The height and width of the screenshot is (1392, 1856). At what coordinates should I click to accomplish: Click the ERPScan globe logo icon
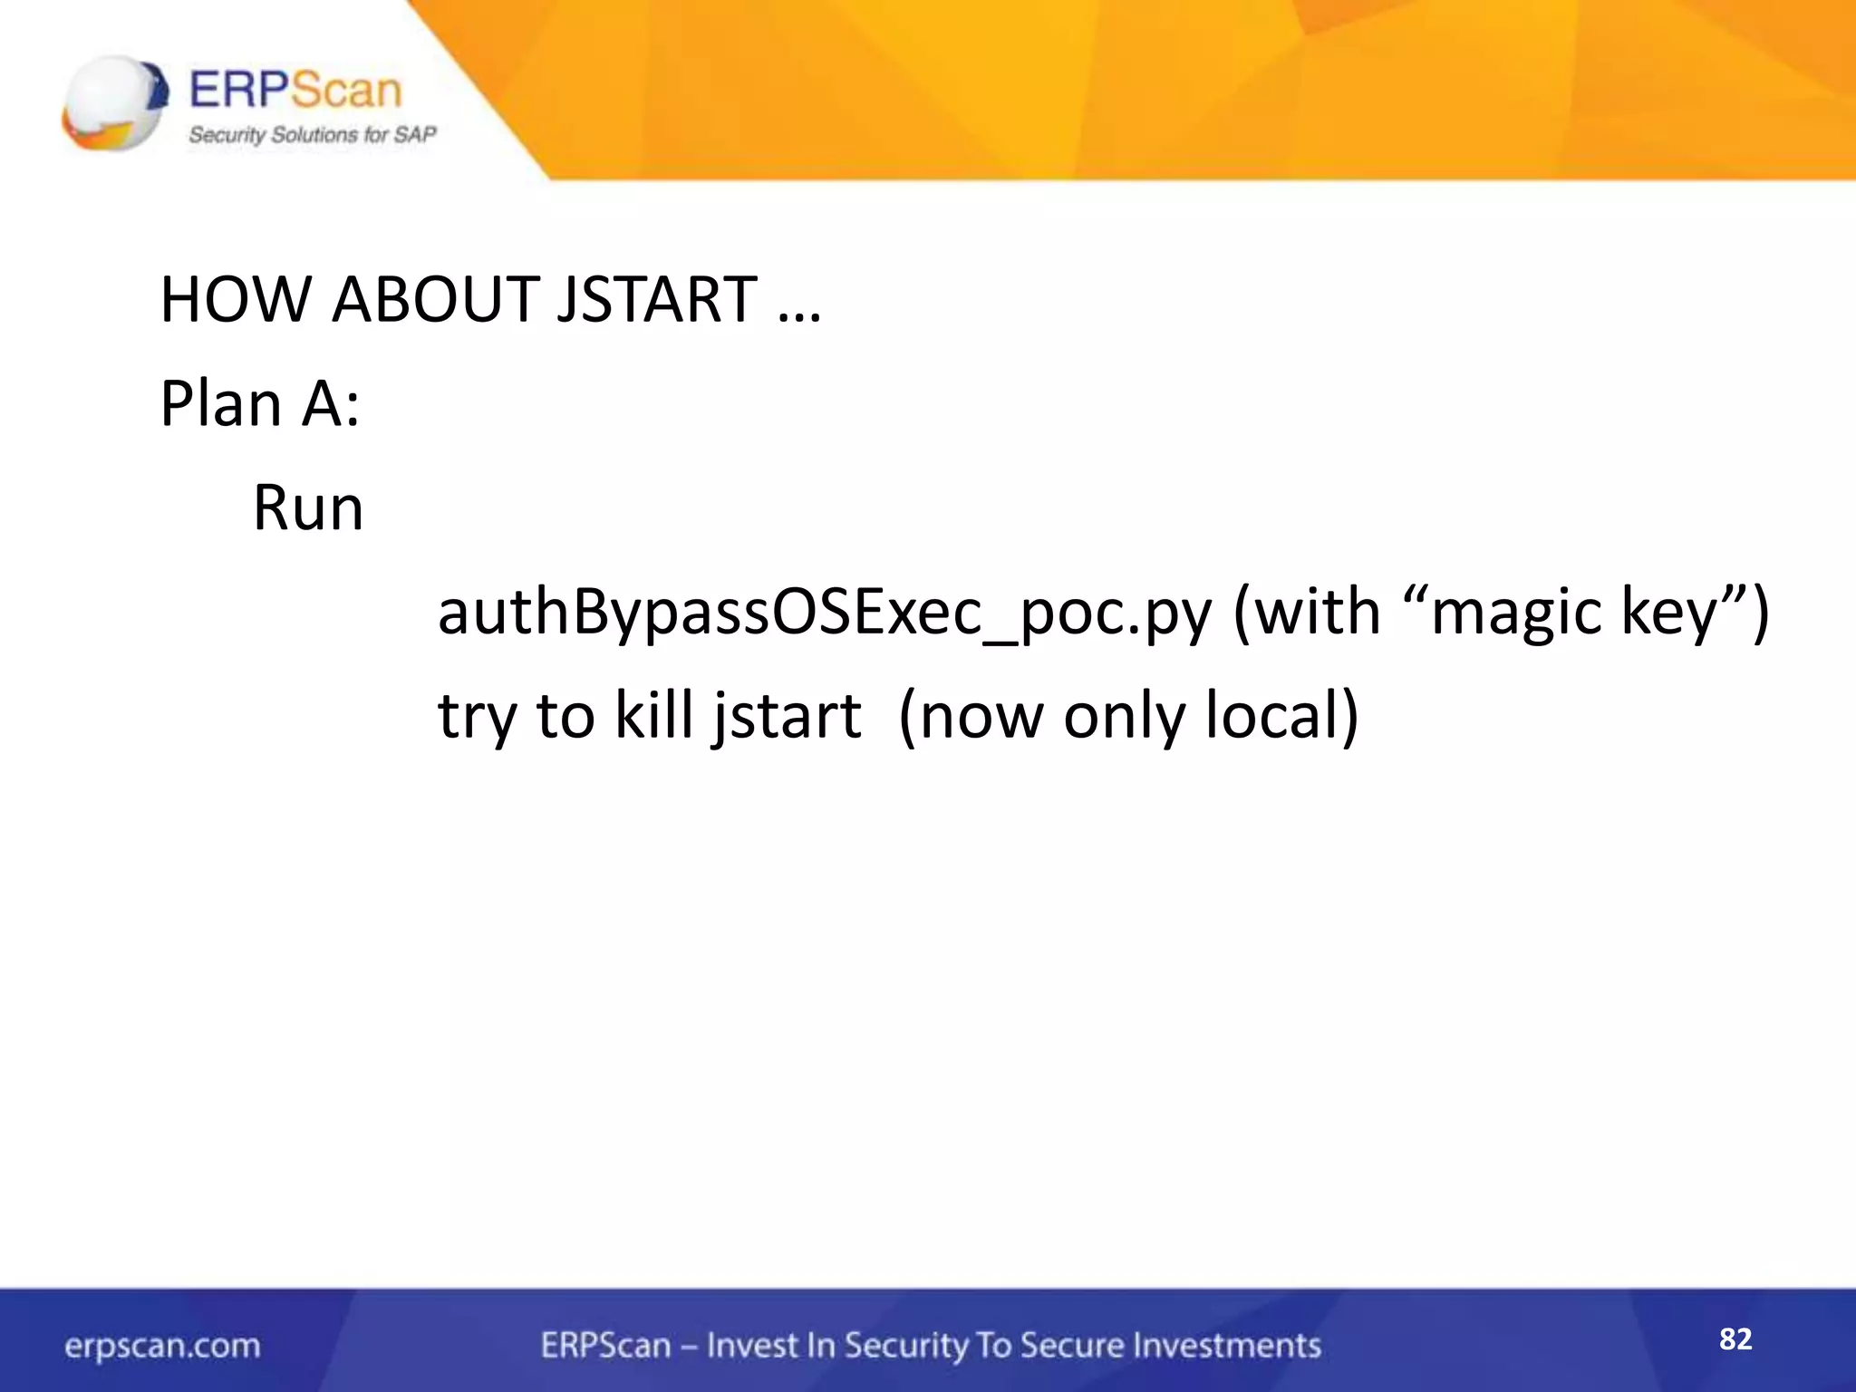tap(114, 101)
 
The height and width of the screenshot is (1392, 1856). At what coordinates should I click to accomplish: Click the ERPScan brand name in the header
tap(295, 91)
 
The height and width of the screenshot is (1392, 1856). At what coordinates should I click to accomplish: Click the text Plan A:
tap(260, 403)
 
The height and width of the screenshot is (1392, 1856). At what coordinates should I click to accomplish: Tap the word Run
tap(308, 507)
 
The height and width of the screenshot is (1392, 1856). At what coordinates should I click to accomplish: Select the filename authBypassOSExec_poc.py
tap(824, 613)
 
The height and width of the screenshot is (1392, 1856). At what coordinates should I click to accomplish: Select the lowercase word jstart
tap(786, 716)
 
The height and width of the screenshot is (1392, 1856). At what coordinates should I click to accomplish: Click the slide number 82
tap(1735, 1339)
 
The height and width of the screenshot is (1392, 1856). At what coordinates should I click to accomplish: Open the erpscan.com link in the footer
tap(162, 1346)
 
